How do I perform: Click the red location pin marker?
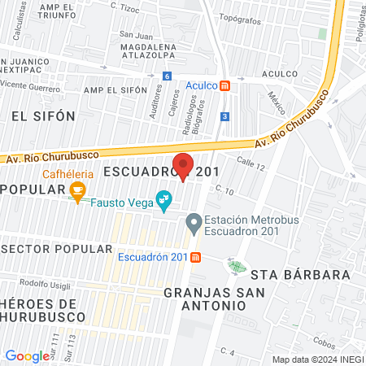[184, 165]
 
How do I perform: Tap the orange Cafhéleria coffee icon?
[78, 192]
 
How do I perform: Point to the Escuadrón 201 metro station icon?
[196, 258]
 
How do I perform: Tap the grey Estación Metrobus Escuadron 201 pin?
[194, 221]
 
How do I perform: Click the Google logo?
[27, 355]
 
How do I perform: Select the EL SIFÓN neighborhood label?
[42, 116]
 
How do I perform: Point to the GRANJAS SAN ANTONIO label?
[204, 298]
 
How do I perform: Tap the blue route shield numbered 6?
[167, 76]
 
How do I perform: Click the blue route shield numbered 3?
[223, 116]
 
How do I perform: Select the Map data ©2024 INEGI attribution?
[318, 359]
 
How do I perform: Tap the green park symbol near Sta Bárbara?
[237, 266]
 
